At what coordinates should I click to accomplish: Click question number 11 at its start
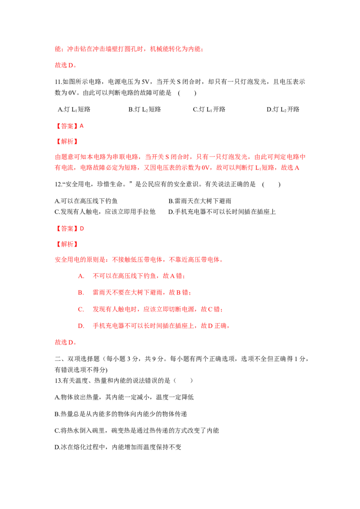(58, 82)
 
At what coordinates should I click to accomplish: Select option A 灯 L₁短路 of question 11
(74, 109)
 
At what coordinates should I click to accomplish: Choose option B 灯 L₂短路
(144, 109)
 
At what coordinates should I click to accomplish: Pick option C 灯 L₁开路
(209, 109)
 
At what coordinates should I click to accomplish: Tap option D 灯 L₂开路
(283, 109)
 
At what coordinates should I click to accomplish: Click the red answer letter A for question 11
(81, 126)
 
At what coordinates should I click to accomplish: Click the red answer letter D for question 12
(82, 228)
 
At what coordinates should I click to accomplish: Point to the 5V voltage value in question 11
(145, 82)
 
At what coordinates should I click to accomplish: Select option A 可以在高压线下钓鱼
(86, 201)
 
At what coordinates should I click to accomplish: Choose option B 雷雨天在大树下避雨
(200, 201)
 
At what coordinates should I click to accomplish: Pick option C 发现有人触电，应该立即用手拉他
(105, 212)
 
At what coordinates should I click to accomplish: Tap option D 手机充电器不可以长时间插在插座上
(222, 212)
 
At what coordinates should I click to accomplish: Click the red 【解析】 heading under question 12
(67, 244)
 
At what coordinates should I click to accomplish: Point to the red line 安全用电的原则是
(139, 260)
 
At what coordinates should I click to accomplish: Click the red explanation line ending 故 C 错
(150, 309)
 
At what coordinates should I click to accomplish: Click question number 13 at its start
(58, 380)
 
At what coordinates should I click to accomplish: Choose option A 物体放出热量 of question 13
(124, 397)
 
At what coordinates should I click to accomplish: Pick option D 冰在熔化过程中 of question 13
(118, 447)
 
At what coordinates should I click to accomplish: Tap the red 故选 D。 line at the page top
(66, 65)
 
